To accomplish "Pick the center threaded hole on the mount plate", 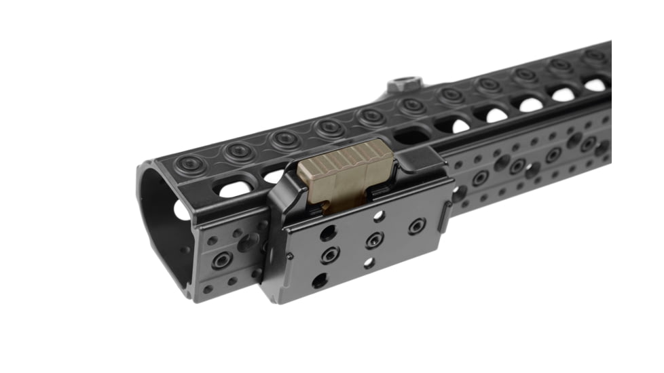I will point(373,240).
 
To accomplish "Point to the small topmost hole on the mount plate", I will point(379,216).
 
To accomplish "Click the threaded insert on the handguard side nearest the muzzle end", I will point(221,261).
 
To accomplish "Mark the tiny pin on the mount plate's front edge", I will point(290,256).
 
